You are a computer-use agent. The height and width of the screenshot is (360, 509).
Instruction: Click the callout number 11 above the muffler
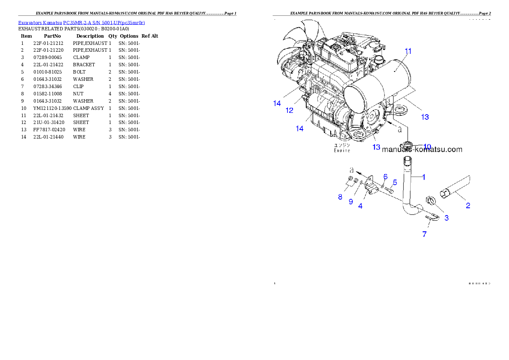pos(408,51)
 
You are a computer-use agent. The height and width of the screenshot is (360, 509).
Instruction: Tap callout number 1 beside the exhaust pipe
pos(424,177)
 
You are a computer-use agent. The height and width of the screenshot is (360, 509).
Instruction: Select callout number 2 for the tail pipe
pos(468,206)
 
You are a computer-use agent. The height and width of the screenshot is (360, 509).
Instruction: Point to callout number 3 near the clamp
pos(447,218)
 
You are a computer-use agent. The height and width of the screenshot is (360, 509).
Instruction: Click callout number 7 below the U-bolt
pos(424,234)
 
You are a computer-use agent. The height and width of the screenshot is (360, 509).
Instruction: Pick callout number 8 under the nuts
pos(340,197)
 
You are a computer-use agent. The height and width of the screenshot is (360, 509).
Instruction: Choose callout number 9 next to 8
pos(351,201)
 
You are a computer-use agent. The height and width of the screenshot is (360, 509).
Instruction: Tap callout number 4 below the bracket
pos(361,206)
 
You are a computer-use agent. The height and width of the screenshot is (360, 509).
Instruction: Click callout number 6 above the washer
pos(385,177)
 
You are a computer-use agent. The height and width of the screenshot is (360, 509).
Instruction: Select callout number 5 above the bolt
pos(395,182)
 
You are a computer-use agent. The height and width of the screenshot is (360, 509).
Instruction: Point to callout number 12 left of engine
pos(290,110)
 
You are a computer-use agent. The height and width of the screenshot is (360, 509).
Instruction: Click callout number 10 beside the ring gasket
pos(427,147)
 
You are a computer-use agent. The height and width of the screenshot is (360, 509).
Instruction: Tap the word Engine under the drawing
pos(342,150)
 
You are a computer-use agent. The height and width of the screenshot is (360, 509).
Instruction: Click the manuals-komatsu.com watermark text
pos(422,150)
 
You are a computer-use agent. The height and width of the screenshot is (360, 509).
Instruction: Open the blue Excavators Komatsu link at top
pos(81,22)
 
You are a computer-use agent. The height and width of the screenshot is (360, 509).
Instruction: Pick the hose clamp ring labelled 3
pos(431,201)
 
